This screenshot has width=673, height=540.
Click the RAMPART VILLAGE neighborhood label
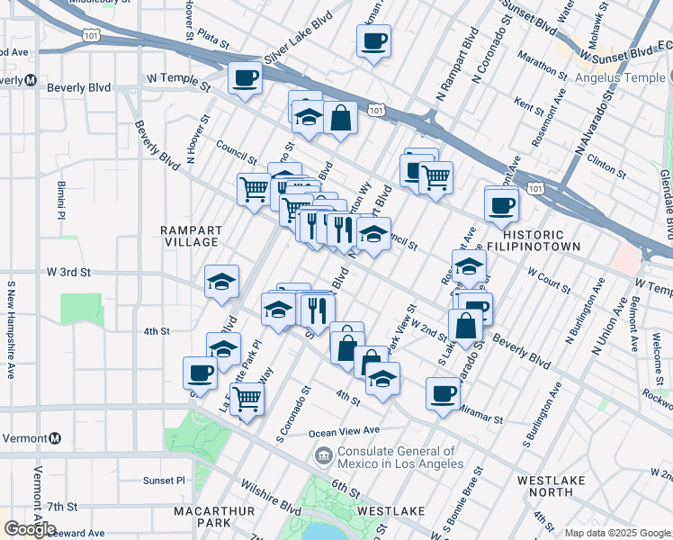pos(190,236)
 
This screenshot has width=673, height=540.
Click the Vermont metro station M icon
pos(55,438)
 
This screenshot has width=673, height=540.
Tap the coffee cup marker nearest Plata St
pos(373,40)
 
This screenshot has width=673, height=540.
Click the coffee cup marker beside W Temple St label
pos(244,78)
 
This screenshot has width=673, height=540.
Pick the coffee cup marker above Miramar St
pos(443,393)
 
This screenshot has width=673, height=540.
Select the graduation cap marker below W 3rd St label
pos(221,282)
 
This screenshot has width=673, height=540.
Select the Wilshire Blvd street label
pos(271,497)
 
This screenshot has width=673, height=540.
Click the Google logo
pos(31,529)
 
